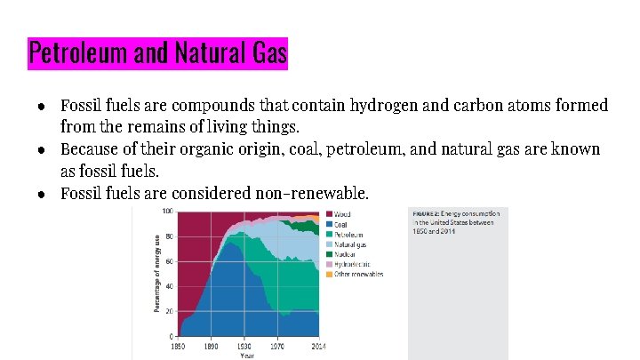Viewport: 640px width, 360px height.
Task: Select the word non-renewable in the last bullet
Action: click(311, 193)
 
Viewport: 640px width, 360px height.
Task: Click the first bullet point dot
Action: click(43, 107)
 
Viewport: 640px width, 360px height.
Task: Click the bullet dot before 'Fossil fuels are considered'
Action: click(43, 193)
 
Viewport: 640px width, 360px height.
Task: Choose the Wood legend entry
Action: click(341, 214)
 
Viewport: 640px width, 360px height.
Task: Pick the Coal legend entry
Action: click(340, 224)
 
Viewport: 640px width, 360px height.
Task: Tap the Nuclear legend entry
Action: click(343, 254)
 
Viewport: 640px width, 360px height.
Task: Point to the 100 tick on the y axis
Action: click(167, 212)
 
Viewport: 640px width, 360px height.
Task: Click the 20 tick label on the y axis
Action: click(169, 312)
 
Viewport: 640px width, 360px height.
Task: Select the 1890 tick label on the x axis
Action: click(211, 345)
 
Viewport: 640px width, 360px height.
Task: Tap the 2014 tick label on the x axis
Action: click(317, 345)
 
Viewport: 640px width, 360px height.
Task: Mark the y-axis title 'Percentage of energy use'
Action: click(157, 274)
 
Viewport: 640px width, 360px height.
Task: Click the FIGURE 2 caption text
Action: click(455, 222)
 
